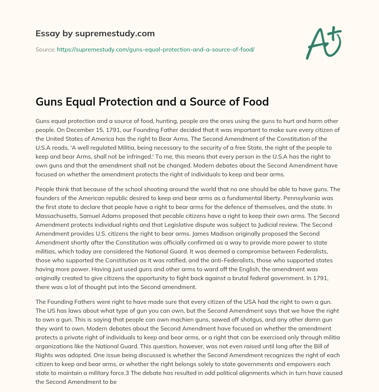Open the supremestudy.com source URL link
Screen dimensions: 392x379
tap(155, 49)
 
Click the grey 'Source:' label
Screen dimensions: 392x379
tap(45, 49)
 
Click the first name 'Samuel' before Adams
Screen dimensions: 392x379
tap(94, 216)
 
